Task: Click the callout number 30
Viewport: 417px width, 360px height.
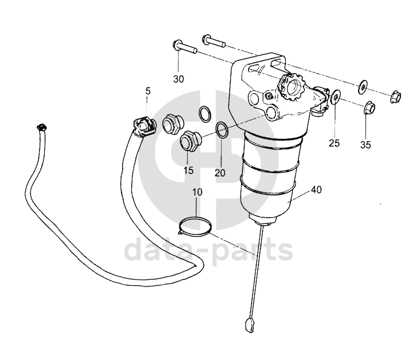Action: [179, 79]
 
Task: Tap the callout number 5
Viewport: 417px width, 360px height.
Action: [148, 91]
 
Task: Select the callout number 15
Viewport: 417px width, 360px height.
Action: [189, 170]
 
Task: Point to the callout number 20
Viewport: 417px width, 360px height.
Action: [220, 173]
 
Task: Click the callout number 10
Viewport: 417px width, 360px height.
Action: [197, 192]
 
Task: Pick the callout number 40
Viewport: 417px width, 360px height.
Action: [316, 190]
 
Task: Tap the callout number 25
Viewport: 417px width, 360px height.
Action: [334, 143]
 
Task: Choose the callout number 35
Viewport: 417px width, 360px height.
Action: [366, 145]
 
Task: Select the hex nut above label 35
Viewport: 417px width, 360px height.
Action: [369, 108]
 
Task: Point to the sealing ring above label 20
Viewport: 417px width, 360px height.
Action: [222, 129]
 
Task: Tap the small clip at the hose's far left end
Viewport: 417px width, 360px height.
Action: [41, 127]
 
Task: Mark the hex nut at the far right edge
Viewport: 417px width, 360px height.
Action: [396, 97]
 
